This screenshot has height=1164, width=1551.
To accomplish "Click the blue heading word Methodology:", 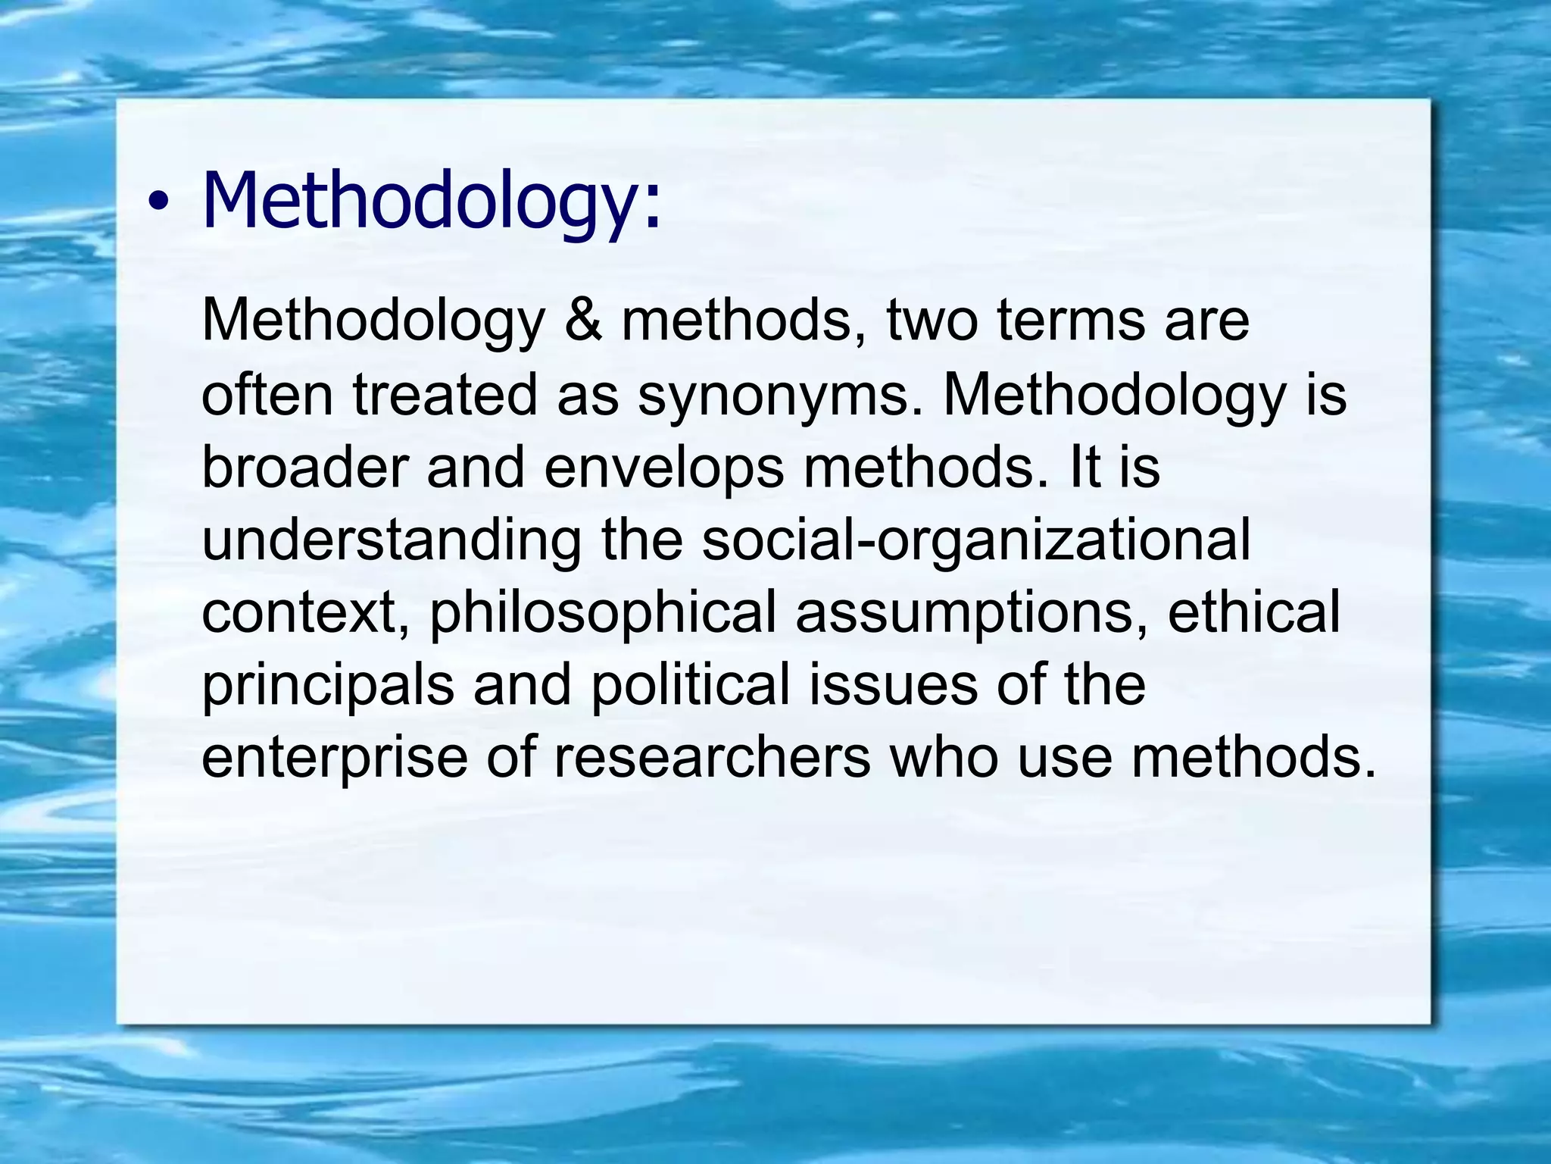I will pyautogui.click(x=432, y=201).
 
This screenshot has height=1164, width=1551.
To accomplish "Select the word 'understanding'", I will pyautogui.click(x=392, y=541).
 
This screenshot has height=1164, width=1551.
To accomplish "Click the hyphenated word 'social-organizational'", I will pyautogui.click(x=976, y=541).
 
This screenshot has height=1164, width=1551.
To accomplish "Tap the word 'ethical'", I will pyautogui.click(x=1253, y=612).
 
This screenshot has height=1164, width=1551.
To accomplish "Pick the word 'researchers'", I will pyautogui.click(x=713, y=758).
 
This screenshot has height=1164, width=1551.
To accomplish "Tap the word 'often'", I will pyautogui.click(x=267, y=394).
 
